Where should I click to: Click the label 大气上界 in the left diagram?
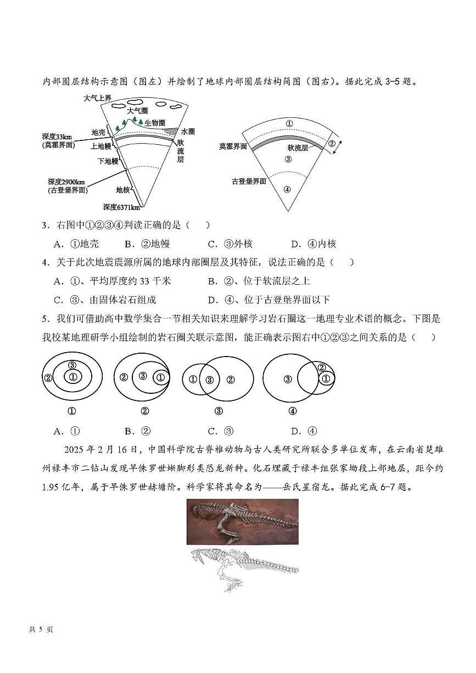[97, 98]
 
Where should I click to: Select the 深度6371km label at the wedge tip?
[121, 207]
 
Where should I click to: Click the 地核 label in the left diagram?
[122, 190]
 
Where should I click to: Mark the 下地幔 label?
[108, 161]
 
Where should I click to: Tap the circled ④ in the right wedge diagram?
[287, 190]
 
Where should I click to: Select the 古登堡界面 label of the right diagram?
[249, 181]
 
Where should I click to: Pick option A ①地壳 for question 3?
[76, 244]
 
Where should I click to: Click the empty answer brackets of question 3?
[198, 225]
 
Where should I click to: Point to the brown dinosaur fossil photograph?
[242, 521]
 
